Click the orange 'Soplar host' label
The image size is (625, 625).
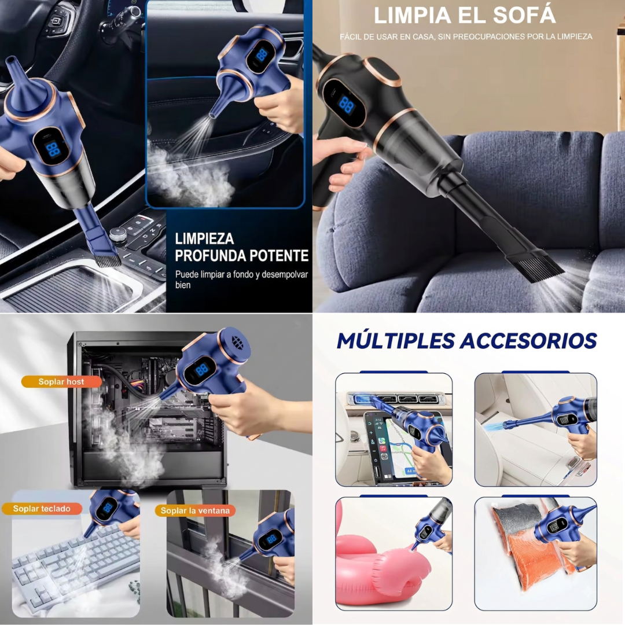[x=62, y=381]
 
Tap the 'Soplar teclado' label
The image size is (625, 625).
[x=42, y=509]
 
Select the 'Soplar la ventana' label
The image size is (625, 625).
[x=195, y=510]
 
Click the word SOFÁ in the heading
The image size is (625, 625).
[x=524, y=15]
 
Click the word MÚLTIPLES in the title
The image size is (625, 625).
[x=396, y=341]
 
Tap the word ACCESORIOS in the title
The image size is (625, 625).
[x=528, y=341]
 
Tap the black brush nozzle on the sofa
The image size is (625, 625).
[x=534, y=265]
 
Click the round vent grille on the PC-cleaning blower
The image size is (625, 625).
[x=238, y=342]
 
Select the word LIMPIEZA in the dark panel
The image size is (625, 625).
[x=204, y=239]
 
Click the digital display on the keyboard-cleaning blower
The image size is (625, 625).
[x=108, y=508]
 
